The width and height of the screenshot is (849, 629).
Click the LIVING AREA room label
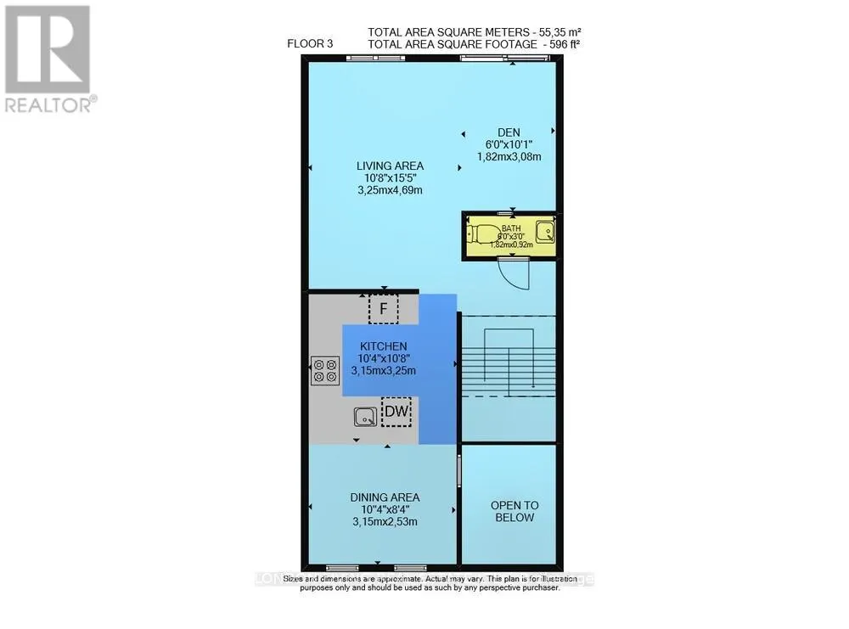click(x=391, y=166)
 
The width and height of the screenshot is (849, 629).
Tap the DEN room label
click(x=509, y=132)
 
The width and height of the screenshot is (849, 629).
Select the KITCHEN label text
click(x=384, y=346)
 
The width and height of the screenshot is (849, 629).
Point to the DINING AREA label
click(x=385, y=497)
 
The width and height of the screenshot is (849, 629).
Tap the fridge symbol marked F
click(x=384, y=309)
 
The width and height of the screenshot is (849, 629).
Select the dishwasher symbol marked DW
click(x=396, y=413)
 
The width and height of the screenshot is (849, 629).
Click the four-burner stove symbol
click(x=323, y=370)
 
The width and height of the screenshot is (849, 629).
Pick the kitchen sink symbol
click(x=366, y=416)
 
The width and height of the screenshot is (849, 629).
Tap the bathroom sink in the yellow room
click(x=547, y=230)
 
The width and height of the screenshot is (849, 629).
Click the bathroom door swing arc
click(x=514, y=272)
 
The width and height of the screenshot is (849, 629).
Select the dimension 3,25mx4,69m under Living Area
click(x=390, y=191)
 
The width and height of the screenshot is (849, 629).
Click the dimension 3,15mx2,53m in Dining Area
click(x=385, y=523)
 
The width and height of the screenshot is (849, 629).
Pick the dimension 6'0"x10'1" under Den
click(x=509, y=144)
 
